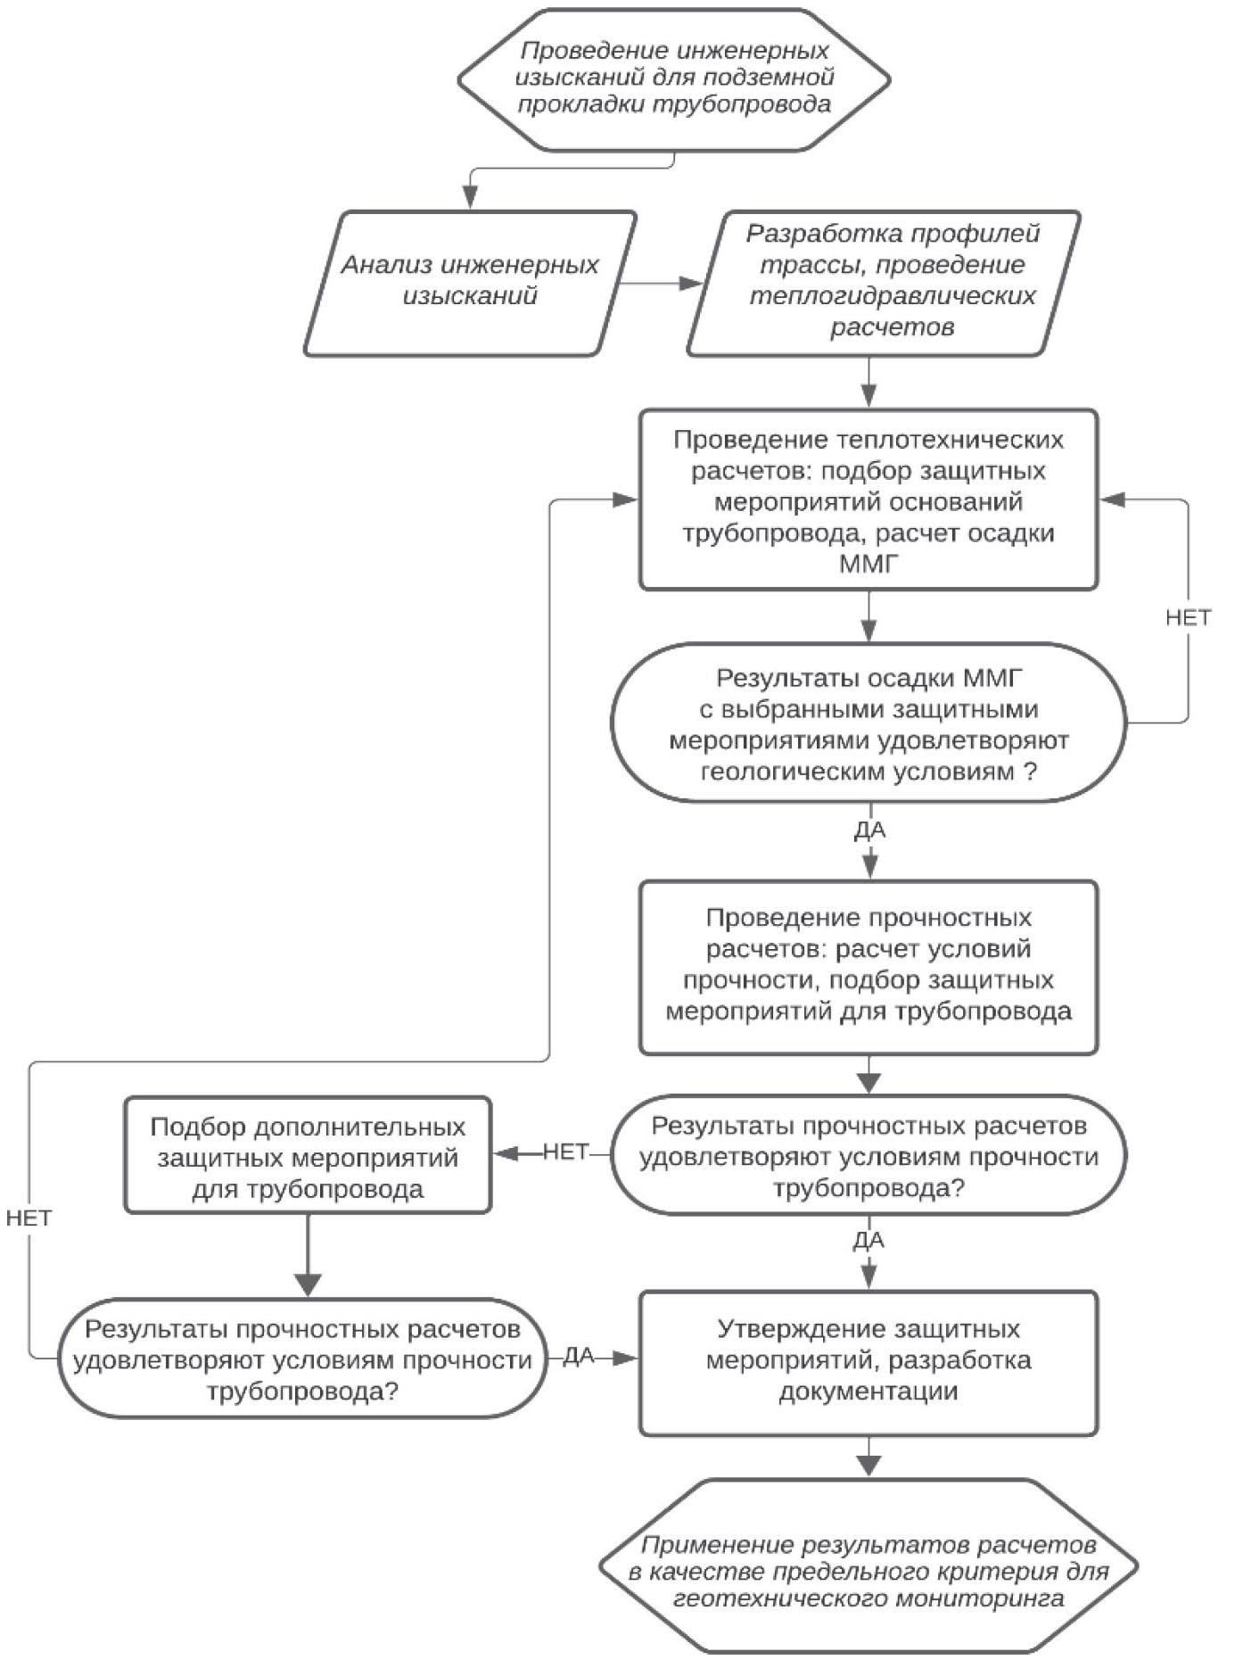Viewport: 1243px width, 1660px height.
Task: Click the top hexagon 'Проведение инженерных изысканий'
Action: [x=674, y=78]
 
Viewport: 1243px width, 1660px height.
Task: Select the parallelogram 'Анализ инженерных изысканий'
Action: [x=470, y=282]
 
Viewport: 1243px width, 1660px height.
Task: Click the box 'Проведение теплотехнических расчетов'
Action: [x=868, y=500]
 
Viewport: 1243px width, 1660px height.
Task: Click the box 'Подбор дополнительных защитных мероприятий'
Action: [x=308, y=1157]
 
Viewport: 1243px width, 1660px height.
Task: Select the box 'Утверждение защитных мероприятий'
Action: [x=868, y=1361]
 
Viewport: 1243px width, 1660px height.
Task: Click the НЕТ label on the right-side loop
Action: [x=1188, y=617]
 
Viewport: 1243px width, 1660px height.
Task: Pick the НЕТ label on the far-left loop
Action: [x=29, y=1218]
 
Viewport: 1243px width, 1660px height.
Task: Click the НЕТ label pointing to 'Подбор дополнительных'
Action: [x=565, y=1152]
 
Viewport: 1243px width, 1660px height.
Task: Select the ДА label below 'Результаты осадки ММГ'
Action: [x=869, y=830]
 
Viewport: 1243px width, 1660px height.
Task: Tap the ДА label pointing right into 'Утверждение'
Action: [x=579, y=1356]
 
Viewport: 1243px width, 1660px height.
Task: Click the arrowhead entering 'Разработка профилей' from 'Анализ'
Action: [x=692, y=284]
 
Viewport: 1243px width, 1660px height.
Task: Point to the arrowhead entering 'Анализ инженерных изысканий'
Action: [x=470, y=198]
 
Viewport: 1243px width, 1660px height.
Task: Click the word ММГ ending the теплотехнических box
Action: [x=868, y=565]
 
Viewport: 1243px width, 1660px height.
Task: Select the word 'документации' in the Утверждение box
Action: [x=868, y=1392]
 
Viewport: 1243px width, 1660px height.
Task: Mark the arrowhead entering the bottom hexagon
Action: [x=868, y=1465]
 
